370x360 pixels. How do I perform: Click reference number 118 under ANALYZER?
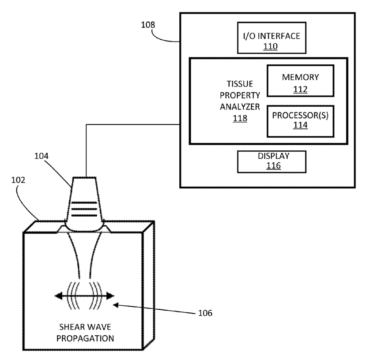click(240, 118)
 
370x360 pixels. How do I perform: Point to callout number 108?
click(148, 25)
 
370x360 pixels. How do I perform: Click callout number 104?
click(42, 156)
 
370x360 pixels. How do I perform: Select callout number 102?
click(18, 180)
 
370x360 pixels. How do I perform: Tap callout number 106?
click(205, 313)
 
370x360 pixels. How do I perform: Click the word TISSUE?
click(240, 84)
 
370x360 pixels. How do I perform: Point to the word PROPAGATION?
click(85, 338)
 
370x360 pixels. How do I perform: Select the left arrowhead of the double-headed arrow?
click(59, 296)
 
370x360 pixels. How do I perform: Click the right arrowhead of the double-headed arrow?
click(110, 296)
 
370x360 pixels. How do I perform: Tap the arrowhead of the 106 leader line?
click(116, 305)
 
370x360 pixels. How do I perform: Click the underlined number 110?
click(270, 46)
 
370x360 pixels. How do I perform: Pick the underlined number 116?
click(273, 165)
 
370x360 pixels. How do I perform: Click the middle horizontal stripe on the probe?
click(84, 209)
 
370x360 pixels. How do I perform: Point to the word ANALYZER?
click(240, 107)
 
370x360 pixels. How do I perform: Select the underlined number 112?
click(300, 90)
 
